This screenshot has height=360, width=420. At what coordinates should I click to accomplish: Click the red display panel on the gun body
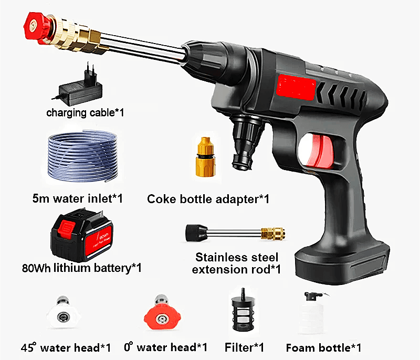296,87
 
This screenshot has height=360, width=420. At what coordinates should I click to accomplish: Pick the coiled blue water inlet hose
83,156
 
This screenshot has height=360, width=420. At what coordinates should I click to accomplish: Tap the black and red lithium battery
82,235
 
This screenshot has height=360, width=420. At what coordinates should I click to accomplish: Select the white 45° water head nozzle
62,313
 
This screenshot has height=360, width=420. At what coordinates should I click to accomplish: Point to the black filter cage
243,312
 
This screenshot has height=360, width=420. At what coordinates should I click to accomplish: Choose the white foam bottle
312,314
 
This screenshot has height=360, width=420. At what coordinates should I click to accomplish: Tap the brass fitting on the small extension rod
272,233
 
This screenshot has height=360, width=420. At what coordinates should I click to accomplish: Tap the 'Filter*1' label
244,347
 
